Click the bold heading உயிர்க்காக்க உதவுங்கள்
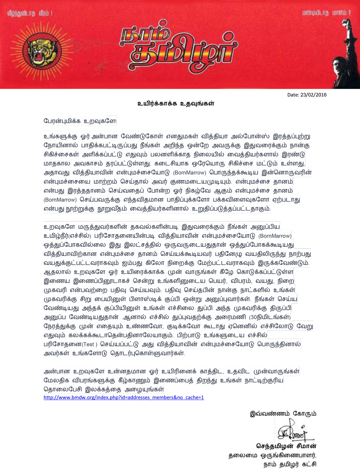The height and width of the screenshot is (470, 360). pyautogui.click(x=176, y=103)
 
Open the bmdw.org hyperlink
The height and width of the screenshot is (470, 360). pyautogui.click(x=123, y=397)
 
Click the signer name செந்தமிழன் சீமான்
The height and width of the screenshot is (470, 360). pyautogui.click(x=286, y=446)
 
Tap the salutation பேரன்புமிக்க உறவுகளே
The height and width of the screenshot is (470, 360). pyautogui.click(x=80, y=121)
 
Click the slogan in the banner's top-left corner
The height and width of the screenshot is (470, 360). pyautogui.click(x=30, y=13)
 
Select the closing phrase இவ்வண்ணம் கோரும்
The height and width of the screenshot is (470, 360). pyautogui.click(x=283, y=413)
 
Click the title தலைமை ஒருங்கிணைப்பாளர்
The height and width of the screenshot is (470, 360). pyautogui.click(x=272, y=456)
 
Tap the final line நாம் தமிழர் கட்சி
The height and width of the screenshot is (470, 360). pyautogui.click(x=290, y=464)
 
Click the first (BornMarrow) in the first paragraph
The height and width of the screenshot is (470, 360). pyautogui.click(x=189, y=173)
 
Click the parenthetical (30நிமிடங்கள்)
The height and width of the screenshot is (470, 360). pyautogui.click(x=270, y=317)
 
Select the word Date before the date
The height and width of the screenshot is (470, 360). pyautogui.click(x=293, y=95)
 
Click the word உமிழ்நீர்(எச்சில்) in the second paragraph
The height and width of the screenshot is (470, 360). pyautogui.click(x=67, y=236)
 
